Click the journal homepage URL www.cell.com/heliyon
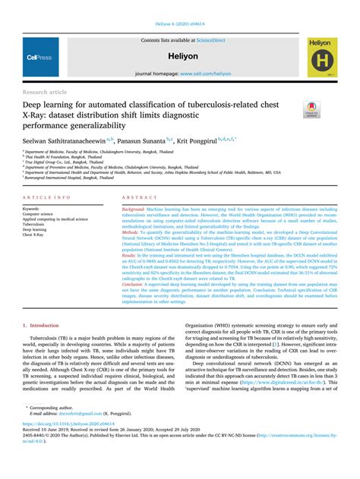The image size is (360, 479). tap(205, 74)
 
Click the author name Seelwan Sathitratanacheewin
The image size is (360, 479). tap(62, 140)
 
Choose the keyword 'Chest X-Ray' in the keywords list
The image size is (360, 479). tap(34, 235)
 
